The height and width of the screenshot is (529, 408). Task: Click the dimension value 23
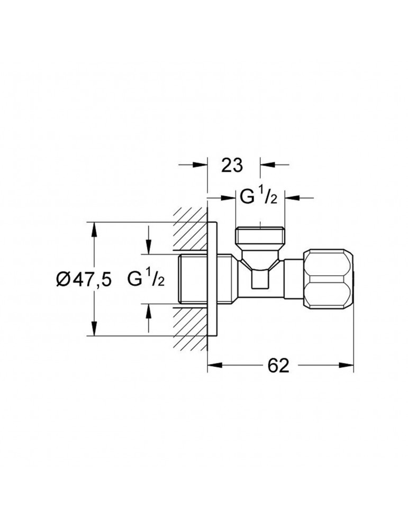232,166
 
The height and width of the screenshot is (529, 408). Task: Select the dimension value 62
278,365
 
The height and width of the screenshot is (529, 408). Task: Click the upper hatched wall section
189,229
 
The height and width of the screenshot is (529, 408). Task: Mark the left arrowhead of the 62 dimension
213,365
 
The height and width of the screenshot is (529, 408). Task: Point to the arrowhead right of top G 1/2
292,198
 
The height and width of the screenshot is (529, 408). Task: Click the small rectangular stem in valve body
259,278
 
